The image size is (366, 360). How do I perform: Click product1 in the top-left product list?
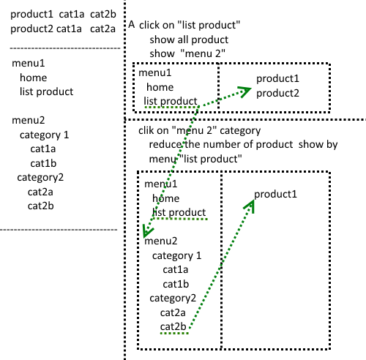click(31, 15)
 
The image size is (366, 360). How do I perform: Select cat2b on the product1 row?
click(103, 14)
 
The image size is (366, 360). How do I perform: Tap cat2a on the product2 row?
click(102, 29)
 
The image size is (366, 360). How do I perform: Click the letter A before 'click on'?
click(132, 24)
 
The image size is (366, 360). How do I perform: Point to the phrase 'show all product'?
click(189, 40)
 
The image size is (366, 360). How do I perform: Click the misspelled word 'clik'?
click(146, 130)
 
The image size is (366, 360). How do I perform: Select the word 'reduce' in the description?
click(165, 144)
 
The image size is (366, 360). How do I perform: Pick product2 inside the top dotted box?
click(277, 94)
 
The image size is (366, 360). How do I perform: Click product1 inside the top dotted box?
click(277, 79)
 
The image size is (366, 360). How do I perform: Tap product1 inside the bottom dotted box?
click(276, 195)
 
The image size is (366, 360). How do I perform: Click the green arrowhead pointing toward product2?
click(244, 91)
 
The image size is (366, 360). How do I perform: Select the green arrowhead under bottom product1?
click(250, 206)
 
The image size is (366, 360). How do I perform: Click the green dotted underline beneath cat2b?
click(174, 333)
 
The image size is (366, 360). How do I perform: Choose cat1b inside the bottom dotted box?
click(176, 284)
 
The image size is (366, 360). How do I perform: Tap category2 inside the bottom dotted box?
click(173, 299)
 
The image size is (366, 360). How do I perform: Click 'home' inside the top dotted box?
click(160, 87)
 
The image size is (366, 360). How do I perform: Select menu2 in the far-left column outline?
click(29, 120)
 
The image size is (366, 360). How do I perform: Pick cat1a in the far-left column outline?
click(43, 149)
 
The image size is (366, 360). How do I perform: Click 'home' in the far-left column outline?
click(34, 78)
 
